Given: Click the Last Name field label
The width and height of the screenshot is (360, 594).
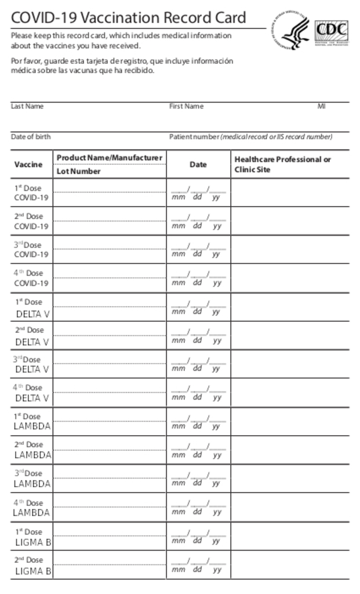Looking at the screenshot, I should coord(27,106).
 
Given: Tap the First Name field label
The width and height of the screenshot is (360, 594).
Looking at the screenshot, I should coord(186,106).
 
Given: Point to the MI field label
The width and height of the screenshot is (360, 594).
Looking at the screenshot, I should coord(321,106).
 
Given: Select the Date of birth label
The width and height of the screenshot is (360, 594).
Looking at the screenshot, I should coord(31,137).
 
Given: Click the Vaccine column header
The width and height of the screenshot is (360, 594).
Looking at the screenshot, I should coord(28,164).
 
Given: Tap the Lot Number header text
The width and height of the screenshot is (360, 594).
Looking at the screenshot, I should coord(78,171).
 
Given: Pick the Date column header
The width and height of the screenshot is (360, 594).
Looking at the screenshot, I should coord(198,165).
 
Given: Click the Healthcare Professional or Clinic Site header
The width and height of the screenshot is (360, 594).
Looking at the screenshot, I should coord(282,164).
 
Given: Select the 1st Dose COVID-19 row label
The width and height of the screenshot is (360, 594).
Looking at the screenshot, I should coord(31,193).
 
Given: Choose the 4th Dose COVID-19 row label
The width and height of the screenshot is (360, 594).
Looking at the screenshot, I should coord(31,278).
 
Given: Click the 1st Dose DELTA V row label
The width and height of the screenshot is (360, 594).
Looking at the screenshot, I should coord(31,308).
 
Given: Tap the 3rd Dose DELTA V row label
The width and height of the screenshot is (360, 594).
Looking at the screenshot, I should coord(31,364).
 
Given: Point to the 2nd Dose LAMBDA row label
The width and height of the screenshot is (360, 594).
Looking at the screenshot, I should coord(32,450).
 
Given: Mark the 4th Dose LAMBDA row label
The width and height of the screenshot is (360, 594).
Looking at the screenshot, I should coord(32,508).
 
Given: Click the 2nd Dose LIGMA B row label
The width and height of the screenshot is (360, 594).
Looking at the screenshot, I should coord(32,566).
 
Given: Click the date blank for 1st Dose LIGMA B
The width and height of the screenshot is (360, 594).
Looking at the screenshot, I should coord(198,535).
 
